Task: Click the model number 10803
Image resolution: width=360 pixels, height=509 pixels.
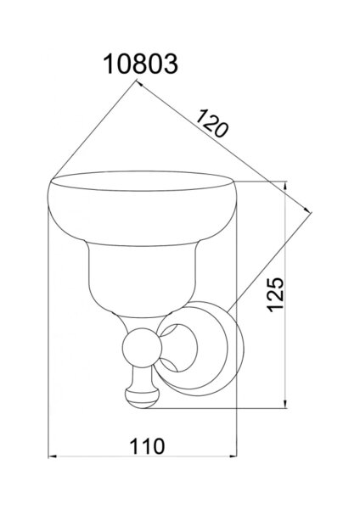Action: tap(140, 64)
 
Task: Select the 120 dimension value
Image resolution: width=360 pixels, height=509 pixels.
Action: tap(211, 124)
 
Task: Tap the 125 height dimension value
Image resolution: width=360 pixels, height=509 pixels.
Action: tap(276, 294)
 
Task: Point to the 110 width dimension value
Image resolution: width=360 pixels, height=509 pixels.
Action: tap(147, 446)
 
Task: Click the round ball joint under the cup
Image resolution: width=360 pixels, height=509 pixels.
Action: tap(142, 347)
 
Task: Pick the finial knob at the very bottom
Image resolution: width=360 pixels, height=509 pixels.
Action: tap(142, 398)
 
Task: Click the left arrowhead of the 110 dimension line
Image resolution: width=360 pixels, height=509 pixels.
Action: tap(52, 456)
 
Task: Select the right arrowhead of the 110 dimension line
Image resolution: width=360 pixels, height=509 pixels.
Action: tap(233, 456)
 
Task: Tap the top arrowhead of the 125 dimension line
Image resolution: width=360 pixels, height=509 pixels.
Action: tap(285, 185)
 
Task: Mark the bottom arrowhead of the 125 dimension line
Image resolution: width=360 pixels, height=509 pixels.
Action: tap(285, 404)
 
